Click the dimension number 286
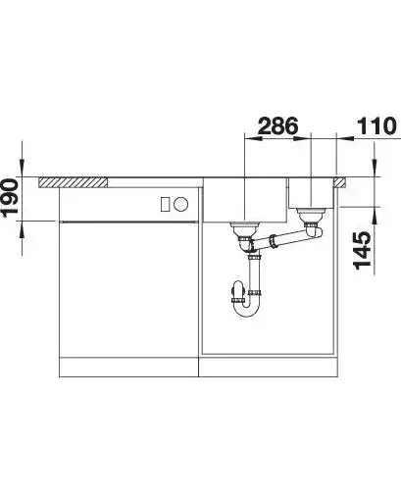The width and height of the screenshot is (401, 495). (x=277, y=125)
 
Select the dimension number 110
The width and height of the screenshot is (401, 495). (x=376, y=125)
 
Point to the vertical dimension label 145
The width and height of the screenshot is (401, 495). (x=362, y=251)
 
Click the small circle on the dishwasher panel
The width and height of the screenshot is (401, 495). (x=180, y=205)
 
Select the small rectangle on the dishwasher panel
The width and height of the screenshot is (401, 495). (x=165, y=205)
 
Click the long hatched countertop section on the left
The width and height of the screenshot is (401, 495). (x=74, y=182)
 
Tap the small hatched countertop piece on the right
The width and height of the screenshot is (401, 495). (x=340, y=182)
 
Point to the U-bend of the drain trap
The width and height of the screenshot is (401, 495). (x=247, y=309)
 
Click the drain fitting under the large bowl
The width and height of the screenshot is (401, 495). (x=245, y=229)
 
